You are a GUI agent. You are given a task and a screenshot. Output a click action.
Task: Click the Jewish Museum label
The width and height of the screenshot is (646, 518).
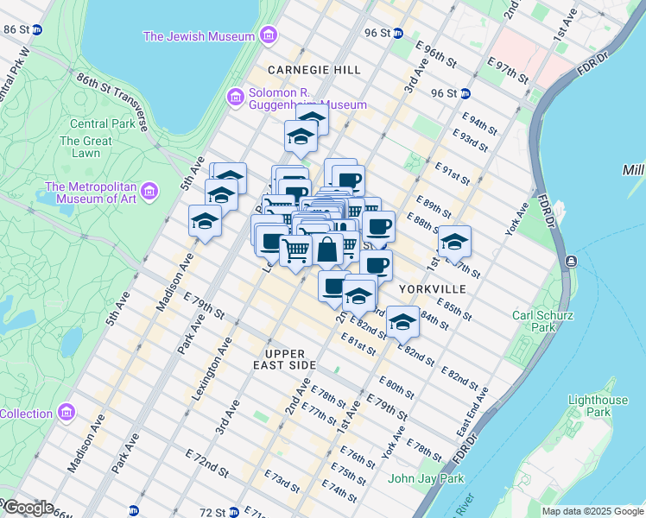199,36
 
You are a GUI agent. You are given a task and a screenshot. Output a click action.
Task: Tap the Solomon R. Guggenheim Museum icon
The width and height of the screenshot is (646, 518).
235,98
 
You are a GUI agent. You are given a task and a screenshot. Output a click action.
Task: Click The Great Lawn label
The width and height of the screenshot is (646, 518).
85,147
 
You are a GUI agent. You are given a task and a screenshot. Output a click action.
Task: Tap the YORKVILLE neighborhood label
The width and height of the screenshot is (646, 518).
433,288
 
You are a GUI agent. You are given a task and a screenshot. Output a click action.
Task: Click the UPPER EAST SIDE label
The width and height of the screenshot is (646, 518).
286,361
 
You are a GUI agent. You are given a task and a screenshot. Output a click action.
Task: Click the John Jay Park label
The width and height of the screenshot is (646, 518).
426,478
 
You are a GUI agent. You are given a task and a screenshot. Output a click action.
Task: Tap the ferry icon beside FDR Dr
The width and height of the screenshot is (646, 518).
570,261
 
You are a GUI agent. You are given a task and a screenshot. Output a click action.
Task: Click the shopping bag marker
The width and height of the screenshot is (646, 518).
327,250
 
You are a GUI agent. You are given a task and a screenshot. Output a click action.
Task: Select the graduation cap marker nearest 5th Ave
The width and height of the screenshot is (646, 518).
205,221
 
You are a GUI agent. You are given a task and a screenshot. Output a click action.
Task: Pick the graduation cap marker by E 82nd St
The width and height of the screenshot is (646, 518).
402,322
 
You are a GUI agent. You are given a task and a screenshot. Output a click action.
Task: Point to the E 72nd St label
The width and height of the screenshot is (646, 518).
206,463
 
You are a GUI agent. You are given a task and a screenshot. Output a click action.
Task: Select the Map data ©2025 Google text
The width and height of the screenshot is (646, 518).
592,511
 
